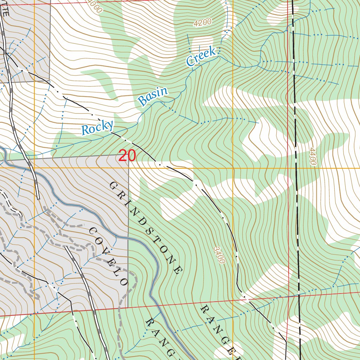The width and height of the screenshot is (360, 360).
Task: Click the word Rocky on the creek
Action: (97, 128)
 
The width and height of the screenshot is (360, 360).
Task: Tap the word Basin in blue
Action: (153, 97)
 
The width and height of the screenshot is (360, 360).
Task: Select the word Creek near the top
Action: (201, 57)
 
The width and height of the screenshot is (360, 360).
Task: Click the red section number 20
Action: (127, 156)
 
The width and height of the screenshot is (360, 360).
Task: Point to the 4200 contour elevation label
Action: (202, 23)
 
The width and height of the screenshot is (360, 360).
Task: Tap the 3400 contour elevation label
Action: (219, 255)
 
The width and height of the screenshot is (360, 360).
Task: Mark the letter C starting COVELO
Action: (93, 231)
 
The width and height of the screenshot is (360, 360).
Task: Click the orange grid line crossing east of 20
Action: (233, 168)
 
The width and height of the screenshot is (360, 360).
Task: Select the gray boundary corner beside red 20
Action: (128, 157)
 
